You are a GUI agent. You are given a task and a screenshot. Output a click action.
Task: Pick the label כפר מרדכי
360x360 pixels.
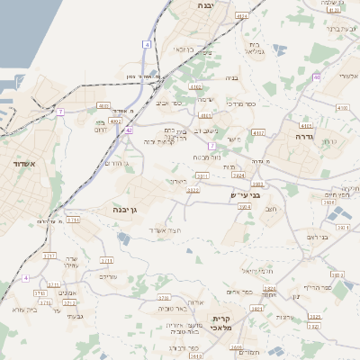[x=241, y=103]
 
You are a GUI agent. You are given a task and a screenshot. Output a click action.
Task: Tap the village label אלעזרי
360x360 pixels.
[x=346, y=76]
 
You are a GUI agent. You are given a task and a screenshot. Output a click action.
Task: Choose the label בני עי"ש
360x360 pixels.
[x=245, y=195]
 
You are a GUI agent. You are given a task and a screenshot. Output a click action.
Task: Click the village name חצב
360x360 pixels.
[x=271, y=208]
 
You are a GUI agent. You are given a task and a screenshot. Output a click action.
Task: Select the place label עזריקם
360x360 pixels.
[x=107, y=277]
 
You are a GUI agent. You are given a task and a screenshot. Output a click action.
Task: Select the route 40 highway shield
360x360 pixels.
[x=317, y=77]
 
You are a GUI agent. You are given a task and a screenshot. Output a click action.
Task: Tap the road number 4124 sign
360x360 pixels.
[x=241, y=16]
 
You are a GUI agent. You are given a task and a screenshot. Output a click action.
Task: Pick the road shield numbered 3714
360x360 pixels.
[x=74, y=220]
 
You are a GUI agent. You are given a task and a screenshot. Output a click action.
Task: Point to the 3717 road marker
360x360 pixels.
[x=49, y=256]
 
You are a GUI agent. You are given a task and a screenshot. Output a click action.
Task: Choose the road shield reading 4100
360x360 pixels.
[x=342, y=107]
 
